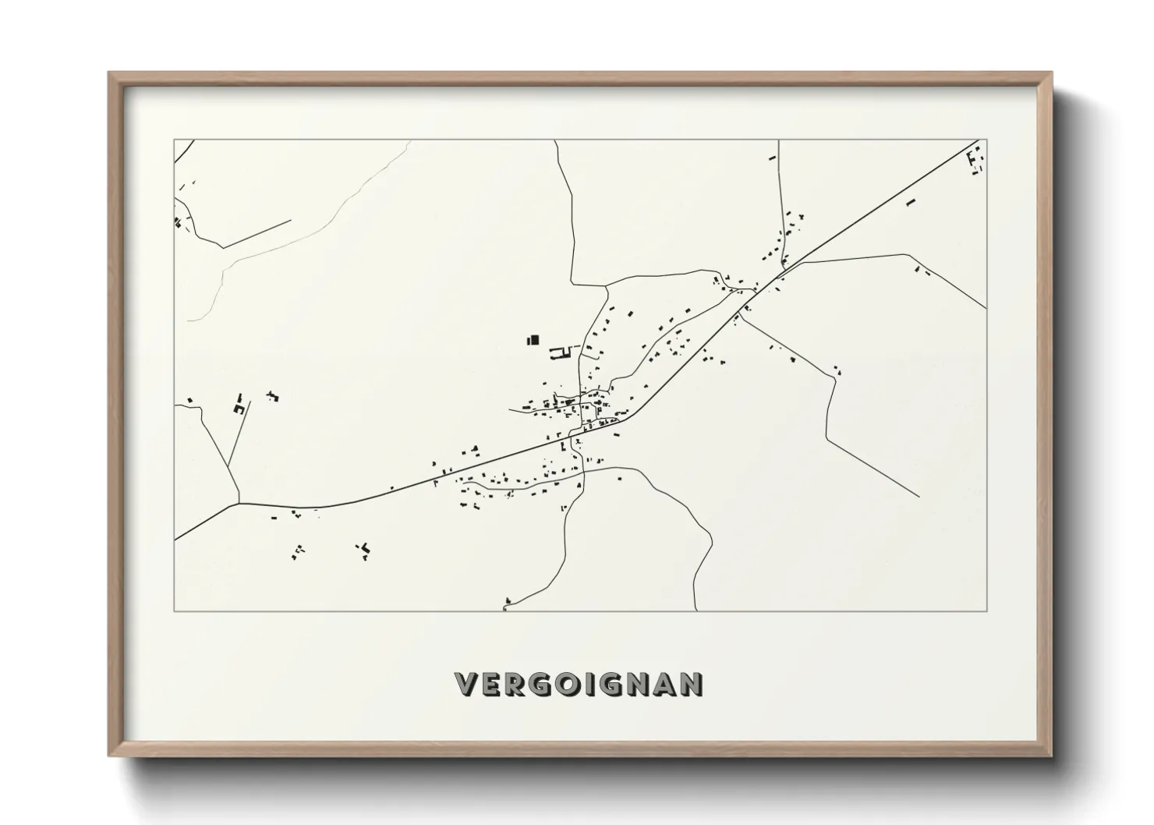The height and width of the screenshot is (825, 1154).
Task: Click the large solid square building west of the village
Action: pyautogui.click(x=533, y=340)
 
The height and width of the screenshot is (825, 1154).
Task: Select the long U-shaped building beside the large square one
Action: pyautogui.click(x=561, y=355)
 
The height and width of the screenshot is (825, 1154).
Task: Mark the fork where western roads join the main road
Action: pyautogui.click(x=239, y=503)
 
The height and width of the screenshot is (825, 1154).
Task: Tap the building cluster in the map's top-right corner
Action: pyautogui.click(x=975, y=162)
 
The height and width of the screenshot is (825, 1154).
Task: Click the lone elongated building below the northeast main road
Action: pyautogui.click(x=910, y=203)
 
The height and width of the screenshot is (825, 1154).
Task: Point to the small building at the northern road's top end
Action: pyautogui.click(x=773, y=158)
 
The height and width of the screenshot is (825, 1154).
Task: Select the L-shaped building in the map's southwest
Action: pyautogui.click(x=363, y=551)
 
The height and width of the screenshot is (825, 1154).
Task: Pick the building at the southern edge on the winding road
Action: pyautogui.click(x=508, y=601)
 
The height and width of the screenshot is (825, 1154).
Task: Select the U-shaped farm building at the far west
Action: pyautogui.click(x=239, y=405)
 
